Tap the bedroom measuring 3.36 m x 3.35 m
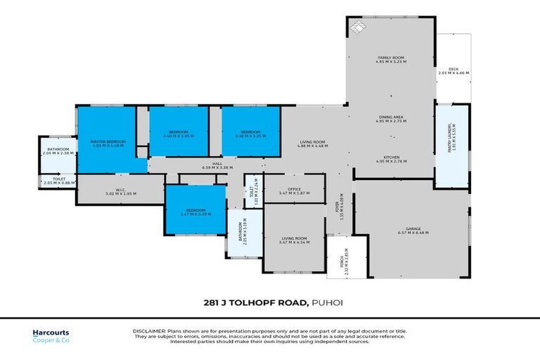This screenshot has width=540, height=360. click(x=250, y=133)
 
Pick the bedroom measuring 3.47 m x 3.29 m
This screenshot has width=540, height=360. click(x=195, y=211)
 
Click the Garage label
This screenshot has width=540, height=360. click(x=411, y=230)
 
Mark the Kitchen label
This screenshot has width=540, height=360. click(x=391, y=159)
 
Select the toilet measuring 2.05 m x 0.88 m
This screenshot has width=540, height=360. click(x=57, y=182)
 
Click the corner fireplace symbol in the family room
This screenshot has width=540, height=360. click(x=359, y=27)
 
